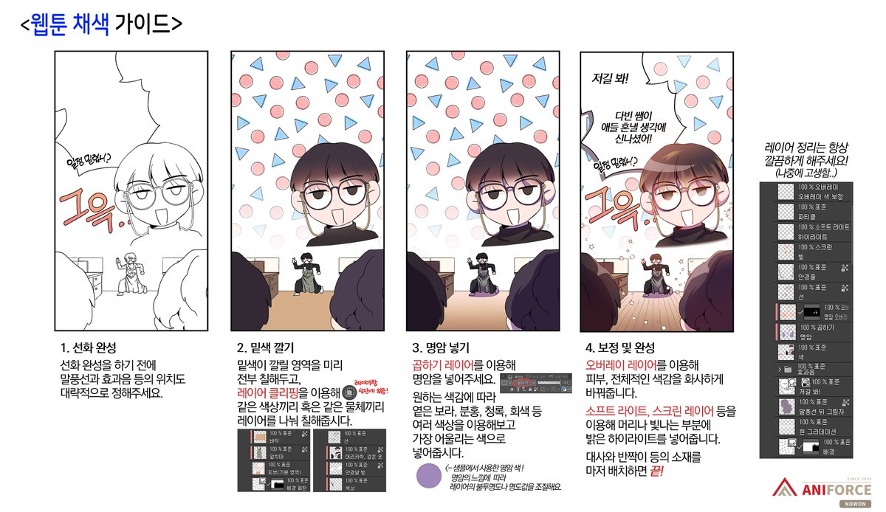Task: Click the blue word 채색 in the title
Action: pyautogui.click(x=92, y=24)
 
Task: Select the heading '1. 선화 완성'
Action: pyautogui.click(x=87, y=347)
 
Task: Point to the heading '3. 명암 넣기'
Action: pyautogui.click(x=440, y=347)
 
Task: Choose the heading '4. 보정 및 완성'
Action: pyautogui.click(x=621, y=347)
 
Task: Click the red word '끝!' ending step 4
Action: pyautogui.click(x=653, y=470)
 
